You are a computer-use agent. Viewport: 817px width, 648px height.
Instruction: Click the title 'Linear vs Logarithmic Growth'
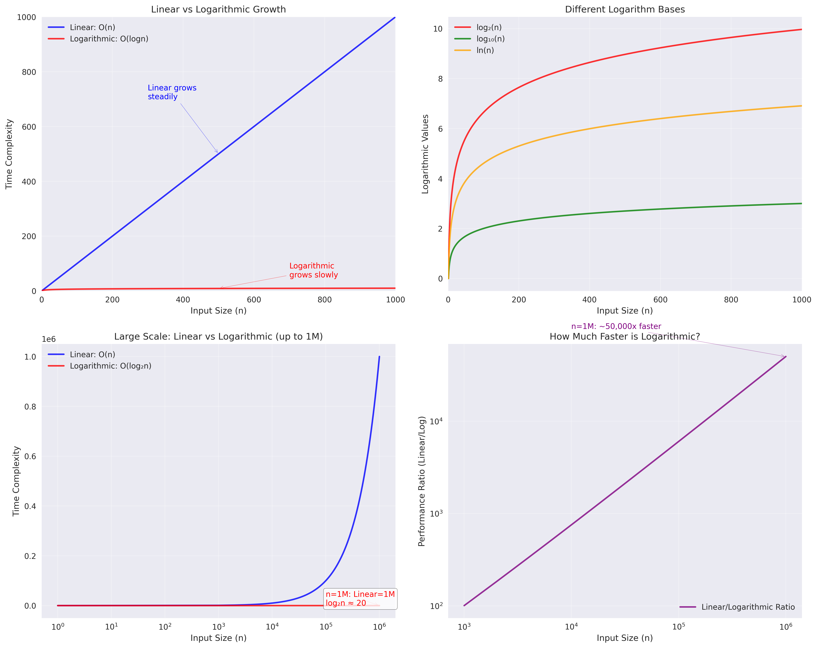(218, 10)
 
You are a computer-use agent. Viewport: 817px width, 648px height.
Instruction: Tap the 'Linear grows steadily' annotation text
(172, 92)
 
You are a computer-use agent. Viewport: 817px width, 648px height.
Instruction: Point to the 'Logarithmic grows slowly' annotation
(313, 270)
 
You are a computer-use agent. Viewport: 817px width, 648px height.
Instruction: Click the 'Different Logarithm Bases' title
(625, 10)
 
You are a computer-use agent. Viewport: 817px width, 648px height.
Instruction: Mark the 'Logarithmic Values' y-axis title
(425, 154)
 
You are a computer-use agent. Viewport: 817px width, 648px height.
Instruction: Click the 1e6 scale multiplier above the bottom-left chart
(48, 339)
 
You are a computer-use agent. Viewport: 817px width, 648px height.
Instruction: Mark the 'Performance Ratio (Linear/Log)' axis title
(422, 481)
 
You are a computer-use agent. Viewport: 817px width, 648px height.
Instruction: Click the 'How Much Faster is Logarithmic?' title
(625, 337)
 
